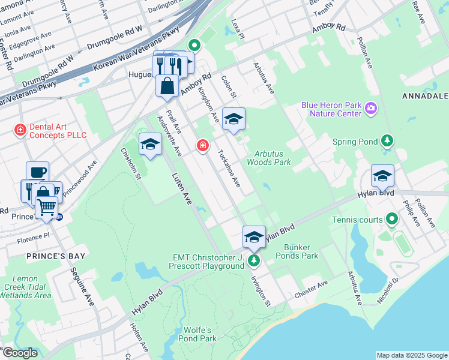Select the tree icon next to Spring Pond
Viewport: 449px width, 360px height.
(x=388, y=141)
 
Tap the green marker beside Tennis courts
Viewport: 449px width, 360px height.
(x=392, y=219)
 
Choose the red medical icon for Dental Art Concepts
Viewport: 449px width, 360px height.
(x=20, y=129)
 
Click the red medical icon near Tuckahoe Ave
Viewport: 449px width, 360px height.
(x=203, y=145)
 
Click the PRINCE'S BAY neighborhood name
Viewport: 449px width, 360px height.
(x=30, y=256)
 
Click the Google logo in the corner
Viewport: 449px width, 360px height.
(x=20, y=353)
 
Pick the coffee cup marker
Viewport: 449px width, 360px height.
(x=37, y=172)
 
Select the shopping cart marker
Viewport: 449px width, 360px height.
(x=46, y=207)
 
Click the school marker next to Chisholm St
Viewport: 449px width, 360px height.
(x=150, y=144)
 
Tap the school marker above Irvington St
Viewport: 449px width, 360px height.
(x=254, y=236)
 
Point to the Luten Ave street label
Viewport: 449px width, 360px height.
(x=181, y=189)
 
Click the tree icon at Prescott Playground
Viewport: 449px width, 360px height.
(x=255, y=260)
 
